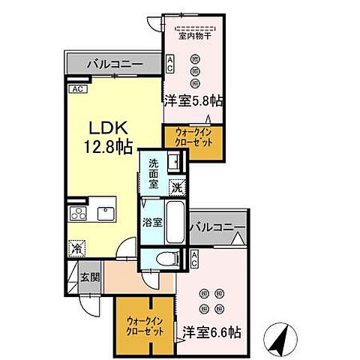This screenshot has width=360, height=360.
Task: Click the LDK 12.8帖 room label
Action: (x=106, y=133)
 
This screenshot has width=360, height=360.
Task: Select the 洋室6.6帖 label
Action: (x=208, y=329)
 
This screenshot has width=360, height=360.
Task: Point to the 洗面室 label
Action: (x=154, y=174)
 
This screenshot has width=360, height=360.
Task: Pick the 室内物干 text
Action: (x=193, y=34)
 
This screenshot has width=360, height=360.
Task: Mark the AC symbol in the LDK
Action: (x=76, y=89)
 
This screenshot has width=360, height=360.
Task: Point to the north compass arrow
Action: (x=278, y=340)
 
